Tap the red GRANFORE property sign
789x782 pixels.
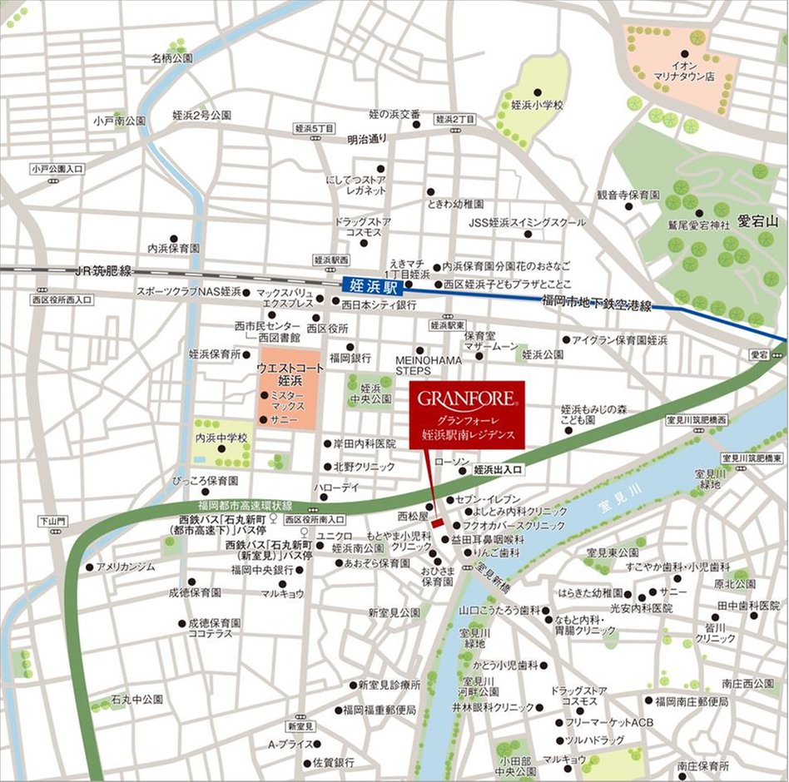point(467,414)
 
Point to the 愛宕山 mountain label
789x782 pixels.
point(755,221)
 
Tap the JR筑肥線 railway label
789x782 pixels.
point(103,270)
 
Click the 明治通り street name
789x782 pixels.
point(367,139)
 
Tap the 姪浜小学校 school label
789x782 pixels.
point(537,106)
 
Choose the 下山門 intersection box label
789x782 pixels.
point(51,522)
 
